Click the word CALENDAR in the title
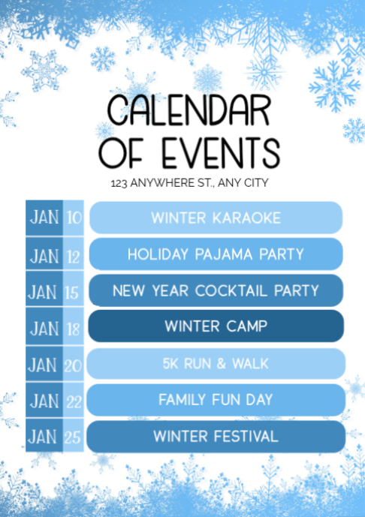[x=189, y=110]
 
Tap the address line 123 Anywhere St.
[x=189, y=182]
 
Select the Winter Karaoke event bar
[x=216, y=218]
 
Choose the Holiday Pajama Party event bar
[x=216, y=254]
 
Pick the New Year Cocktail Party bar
[x=216, y=290]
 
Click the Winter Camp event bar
[x=216, y=326]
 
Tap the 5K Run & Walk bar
[x=216, y=363]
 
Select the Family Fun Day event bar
[x=216, y=400]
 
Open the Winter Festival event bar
[x=216, y=436]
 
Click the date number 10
[x=74, y=218]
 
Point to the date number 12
[x=74, y=255]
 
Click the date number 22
[x=74, y=401]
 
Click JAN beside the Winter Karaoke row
[x=44, y=218]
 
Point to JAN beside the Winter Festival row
[x=44, y=437]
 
